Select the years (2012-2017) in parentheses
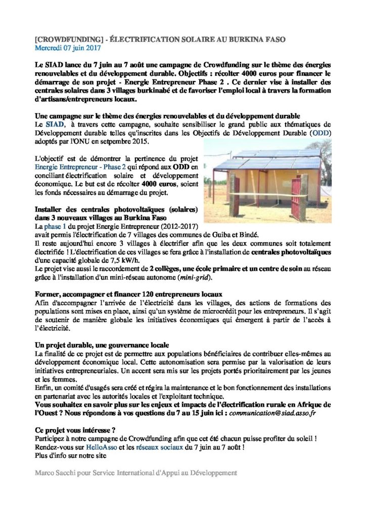(172, 225)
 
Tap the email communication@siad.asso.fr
(274, 413)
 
